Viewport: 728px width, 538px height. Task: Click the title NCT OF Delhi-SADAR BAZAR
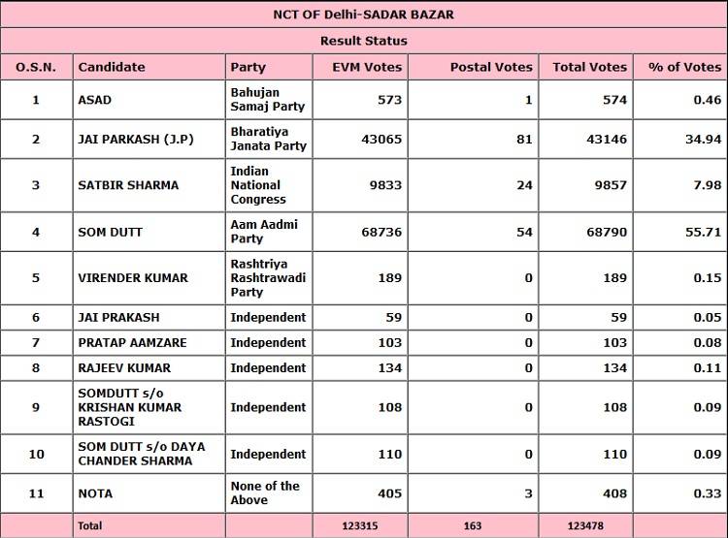coord(364,15)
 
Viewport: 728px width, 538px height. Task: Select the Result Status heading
coord(364,41)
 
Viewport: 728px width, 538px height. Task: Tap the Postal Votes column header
coord(491,67)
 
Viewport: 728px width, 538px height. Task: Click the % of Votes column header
coord(685,67)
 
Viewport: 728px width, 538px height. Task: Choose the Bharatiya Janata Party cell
coord(268,139)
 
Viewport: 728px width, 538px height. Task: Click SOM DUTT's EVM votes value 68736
coord(377,232)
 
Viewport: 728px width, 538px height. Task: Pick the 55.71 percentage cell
coord(704,232)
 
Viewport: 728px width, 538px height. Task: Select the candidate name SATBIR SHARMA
coord(128,185)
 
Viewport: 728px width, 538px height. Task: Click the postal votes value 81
coord(524,140)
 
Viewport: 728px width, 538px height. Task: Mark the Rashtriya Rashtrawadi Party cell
coord(268,278)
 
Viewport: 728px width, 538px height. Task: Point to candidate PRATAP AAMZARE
coord(132,342)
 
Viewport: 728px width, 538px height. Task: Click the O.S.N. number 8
coord(36,367)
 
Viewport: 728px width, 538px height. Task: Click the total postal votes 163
coord(473,525)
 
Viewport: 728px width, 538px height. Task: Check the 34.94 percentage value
coord(704,140)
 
